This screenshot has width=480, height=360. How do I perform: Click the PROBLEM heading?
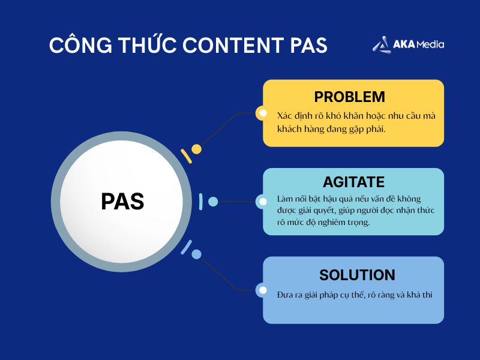[x=349, y=97]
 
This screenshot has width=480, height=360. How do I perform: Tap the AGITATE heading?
[x=353, y=182]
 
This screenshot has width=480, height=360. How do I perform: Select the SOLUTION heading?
[x=357, y=275]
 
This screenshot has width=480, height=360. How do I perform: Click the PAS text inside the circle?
[x=122, y=202]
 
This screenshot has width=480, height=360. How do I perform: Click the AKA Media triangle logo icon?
[x=380, y=44]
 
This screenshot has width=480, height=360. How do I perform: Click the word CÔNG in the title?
[x=77, y=46]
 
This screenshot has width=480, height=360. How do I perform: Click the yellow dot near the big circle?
[x=196, y=149]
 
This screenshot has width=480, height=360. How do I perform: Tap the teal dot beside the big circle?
[x=213, y=202]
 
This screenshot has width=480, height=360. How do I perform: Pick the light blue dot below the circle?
[x=196, y=254]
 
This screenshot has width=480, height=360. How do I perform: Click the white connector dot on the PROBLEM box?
[x=262, y=113]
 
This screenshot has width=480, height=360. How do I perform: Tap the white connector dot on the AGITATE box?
[x=262, y=202]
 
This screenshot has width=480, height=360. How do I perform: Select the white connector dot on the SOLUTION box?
[x=262, y=290]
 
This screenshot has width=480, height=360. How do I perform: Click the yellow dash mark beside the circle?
[x=186, y=156]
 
